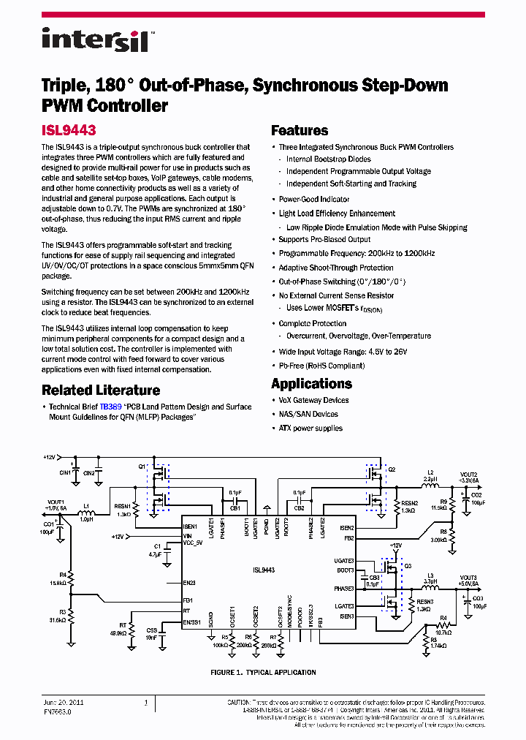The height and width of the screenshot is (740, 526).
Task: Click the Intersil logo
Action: [96, 39]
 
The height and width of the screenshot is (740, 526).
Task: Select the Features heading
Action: [300, 131]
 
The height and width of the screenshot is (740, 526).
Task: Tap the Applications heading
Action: [311, 384]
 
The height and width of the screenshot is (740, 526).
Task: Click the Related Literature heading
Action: [100, 390]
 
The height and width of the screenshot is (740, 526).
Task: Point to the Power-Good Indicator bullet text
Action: [314, 199]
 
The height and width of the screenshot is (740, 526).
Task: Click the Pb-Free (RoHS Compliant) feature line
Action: [321, 364]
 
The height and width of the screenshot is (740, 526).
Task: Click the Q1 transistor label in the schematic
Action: [142, 466]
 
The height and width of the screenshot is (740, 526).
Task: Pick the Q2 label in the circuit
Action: [392, 469]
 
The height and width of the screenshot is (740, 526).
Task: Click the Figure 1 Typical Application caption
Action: [263, 672]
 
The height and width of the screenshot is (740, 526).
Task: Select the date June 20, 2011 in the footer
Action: [63, 702]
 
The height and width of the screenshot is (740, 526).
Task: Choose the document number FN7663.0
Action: [56, 710]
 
